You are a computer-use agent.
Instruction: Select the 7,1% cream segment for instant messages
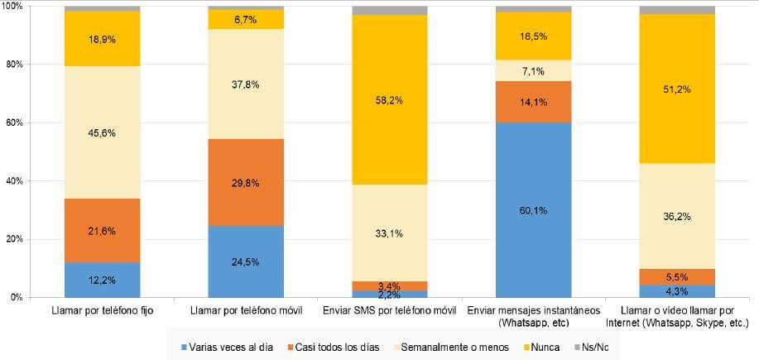click(533, 71)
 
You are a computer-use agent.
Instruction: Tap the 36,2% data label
click(676, 218)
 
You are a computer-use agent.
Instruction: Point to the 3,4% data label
click(390, 286)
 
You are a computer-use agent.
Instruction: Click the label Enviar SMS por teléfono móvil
click(390, 310)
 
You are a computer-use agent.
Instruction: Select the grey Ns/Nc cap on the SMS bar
click(390, 11)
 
